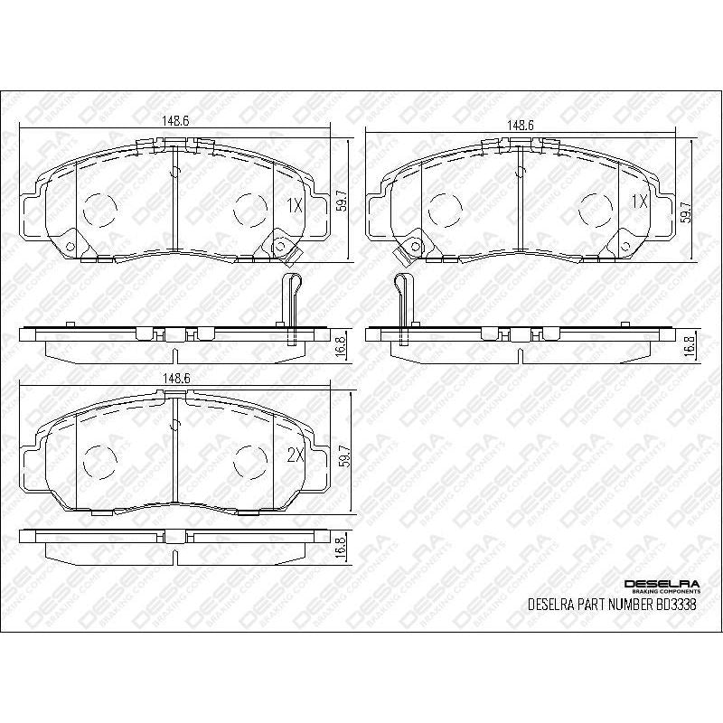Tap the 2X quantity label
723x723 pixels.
point(293,457)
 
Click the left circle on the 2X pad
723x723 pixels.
point(99,461)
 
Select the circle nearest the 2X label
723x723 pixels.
point(249,461)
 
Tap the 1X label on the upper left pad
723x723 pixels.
point(293,204)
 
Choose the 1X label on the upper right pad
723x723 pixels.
point(638,202)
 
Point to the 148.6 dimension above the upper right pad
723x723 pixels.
point(521,127)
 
